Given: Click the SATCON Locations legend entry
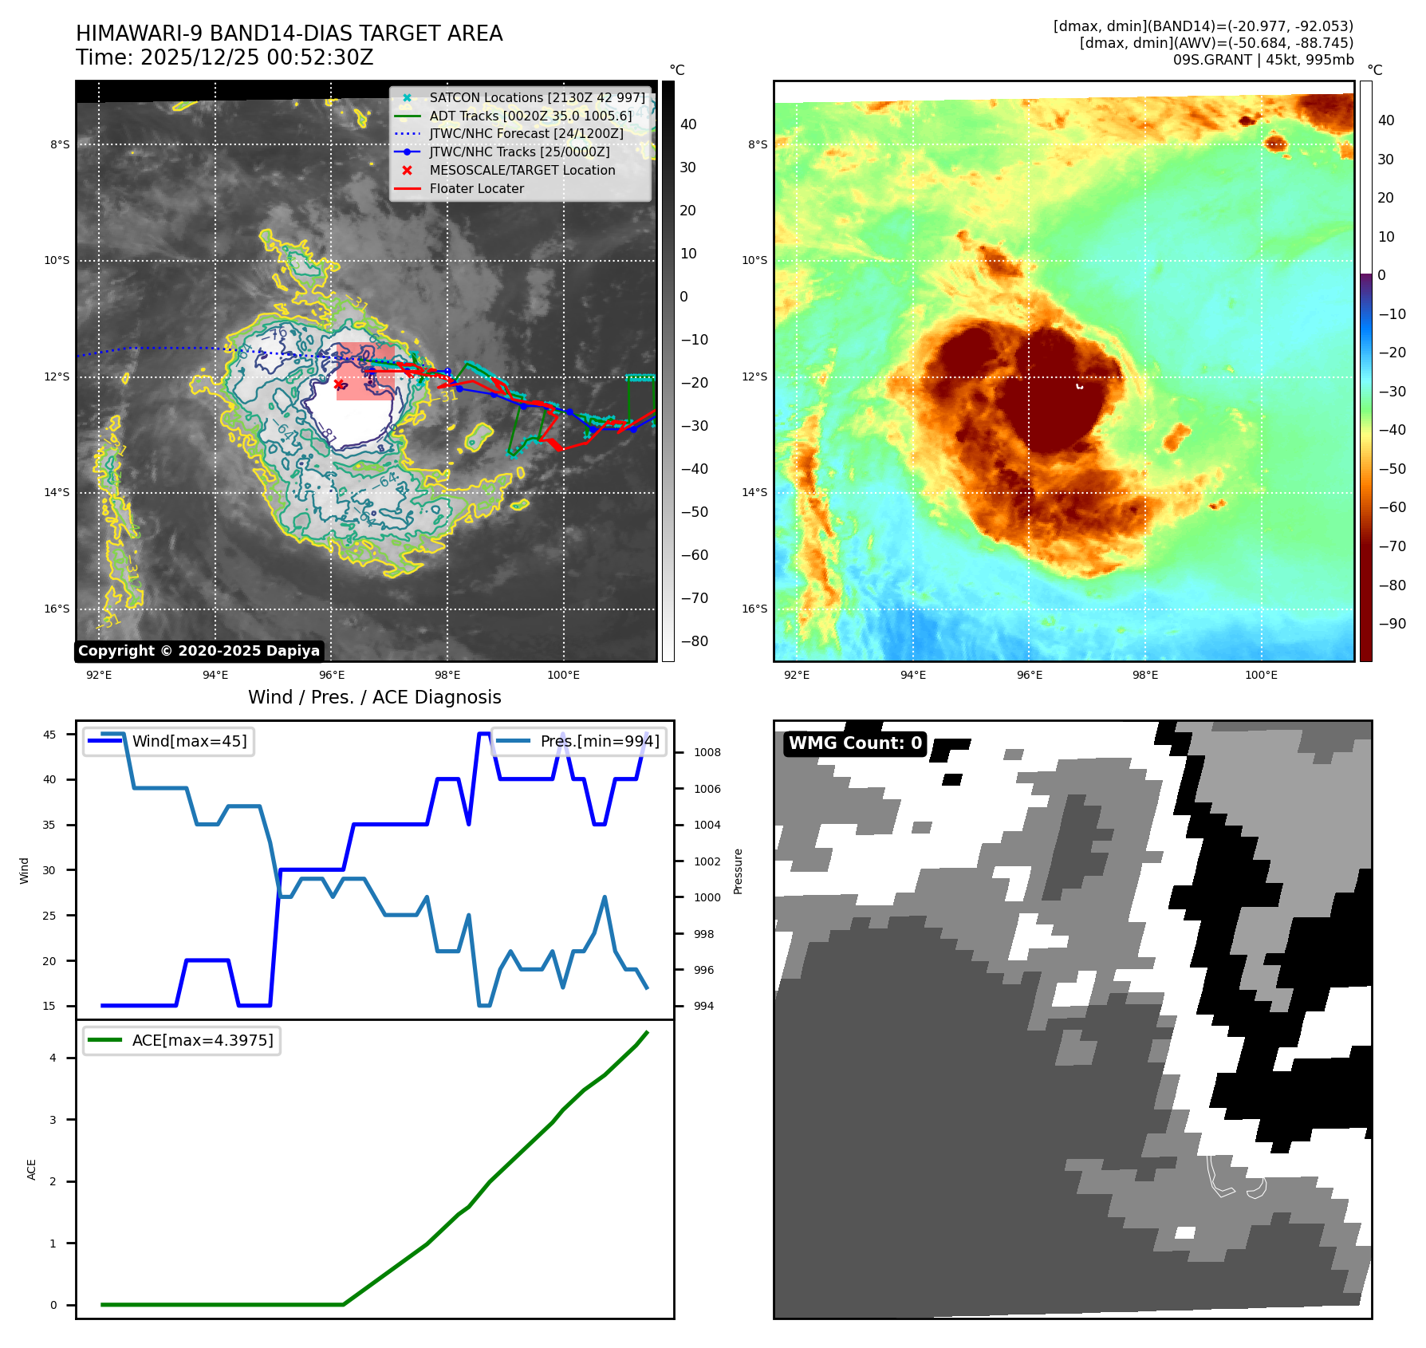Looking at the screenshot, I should (x=537, y=98).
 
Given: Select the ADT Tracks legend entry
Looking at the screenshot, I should (x=530, y=116).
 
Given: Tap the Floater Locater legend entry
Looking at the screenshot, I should (x=476, y=189).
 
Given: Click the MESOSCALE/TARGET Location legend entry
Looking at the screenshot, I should (x=522, y=171).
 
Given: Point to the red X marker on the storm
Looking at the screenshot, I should (x=339, y=384).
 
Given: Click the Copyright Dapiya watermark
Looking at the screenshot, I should (x=199, y=651).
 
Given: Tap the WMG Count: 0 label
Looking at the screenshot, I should (x=855, y=743).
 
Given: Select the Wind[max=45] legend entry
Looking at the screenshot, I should (x=189, y=741).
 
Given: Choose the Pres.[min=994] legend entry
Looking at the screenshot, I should (x=600, y=741).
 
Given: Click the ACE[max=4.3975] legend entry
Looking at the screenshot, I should (x=203, y=1040).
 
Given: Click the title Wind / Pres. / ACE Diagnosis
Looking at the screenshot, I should (x=374, y=697).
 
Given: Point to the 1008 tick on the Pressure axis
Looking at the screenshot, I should (x=707, y=752).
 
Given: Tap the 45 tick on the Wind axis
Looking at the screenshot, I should (x=49, y=735).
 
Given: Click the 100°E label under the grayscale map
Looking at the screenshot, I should (x=563, y=676).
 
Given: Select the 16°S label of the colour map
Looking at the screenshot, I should (x=754, y=609).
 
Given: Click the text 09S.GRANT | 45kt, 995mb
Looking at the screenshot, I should (x=1263, y=60).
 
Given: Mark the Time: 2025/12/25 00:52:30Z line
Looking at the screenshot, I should (x=224, y=57).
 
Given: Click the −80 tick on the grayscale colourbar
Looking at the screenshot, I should (x=694, y=641).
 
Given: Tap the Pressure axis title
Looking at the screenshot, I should (x=739, y=871).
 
